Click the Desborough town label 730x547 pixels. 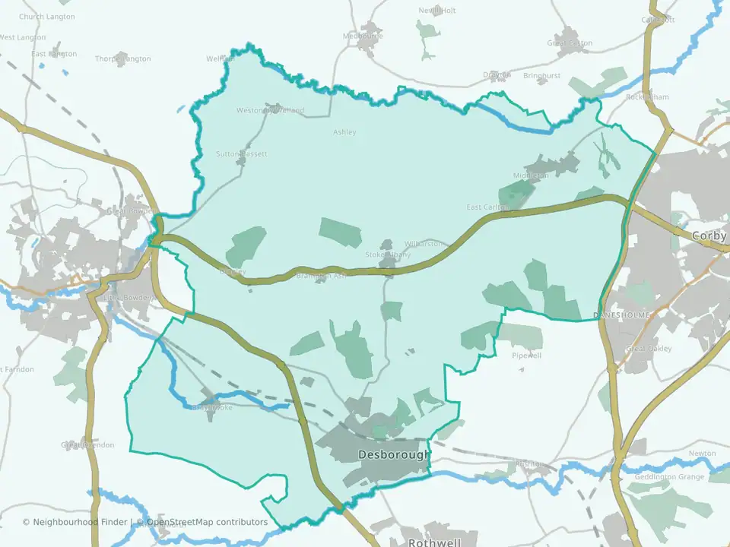[x=393, y=455]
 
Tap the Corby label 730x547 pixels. [x=709, y=236]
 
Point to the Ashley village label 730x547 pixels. [x=344, y=132]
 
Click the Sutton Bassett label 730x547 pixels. [x=242, y=153]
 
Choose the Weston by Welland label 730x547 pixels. [x=270, y=111]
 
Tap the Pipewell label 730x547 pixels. [x=526, y=355]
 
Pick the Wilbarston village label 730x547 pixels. [x=424, y=244]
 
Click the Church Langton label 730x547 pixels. [x=47, y=17]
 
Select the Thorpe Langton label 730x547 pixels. [x=122, y=58]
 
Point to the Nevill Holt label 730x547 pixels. [x=437, y=11]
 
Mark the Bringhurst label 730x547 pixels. [x=541, y=76]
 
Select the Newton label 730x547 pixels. [x=702, y=454]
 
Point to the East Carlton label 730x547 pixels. [x=487, y=207]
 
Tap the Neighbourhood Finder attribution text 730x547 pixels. [x=76, y=522]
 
